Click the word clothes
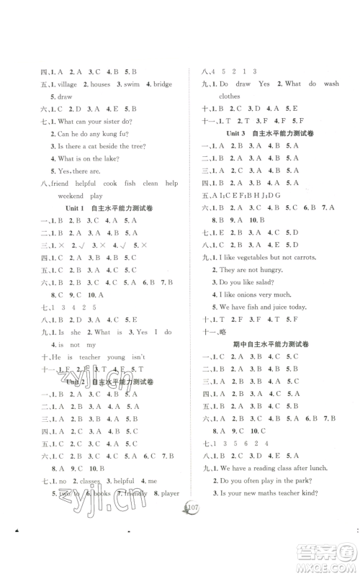tap(230, 115)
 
